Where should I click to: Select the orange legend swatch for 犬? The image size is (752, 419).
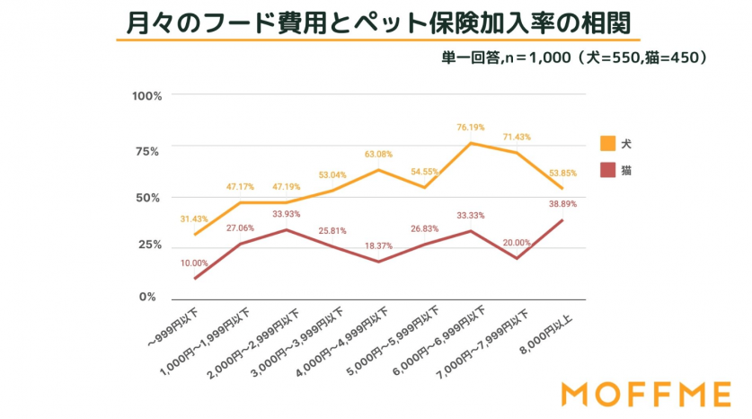608,143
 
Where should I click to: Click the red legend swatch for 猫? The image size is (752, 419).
608,170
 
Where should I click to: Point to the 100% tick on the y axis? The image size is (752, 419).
146,96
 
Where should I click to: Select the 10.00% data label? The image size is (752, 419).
195,263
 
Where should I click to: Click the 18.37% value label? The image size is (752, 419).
377,245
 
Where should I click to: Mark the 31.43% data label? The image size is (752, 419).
195,218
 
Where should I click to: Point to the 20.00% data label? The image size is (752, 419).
516,243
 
